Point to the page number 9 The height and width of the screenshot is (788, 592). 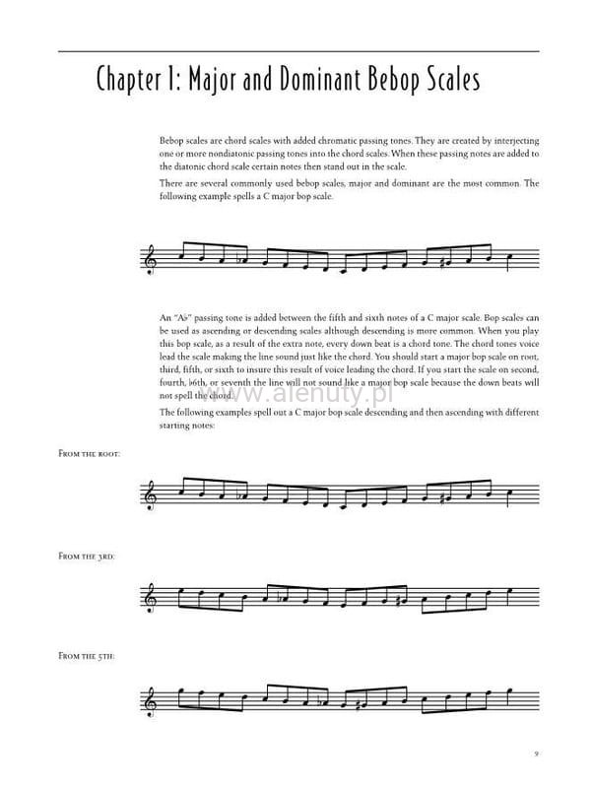click(535, 754)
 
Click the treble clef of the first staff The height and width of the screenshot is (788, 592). click(151, 260)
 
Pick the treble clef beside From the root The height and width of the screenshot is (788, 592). click(151, 494)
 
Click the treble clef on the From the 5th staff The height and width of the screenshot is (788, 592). click(151, 697)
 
